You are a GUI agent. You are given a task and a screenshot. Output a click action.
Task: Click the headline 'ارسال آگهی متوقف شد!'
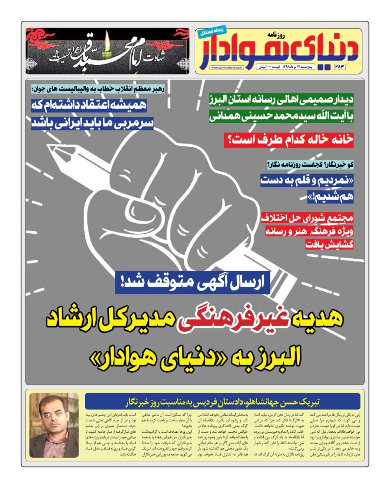192,283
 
